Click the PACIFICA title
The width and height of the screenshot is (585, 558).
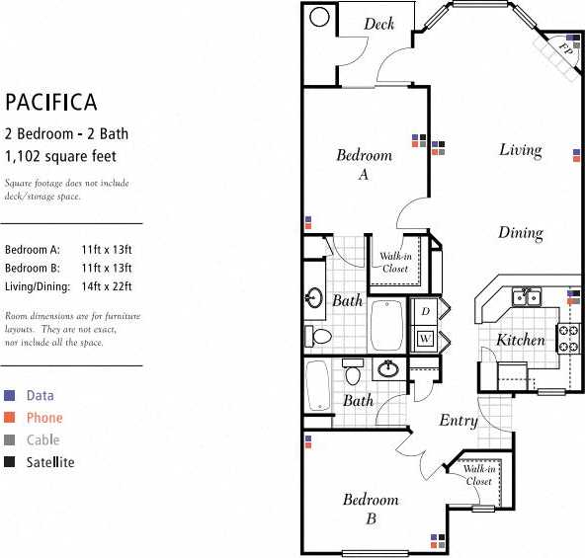tap(50, 102)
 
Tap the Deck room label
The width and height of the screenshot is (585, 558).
tap(378, 24)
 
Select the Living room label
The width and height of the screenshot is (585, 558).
tap(520, 150)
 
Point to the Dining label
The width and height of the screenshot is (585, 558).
tap(520, 234)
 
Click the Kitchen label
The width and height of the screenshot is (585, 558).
tap(520, 340)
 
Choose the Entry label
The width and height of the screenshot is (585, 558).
tap(458, 421)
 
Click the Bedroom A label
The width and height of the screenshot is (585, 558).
tap(364, 164)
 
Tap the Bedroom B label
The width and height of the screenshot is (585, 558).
tap(371, 509)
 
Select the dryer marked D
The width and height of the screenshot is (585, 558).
tap(425, 312)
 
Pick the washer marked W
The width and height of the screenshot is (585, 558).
tap(425, 339)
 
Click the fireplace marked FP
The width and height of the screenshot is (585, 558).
tap(564, 46)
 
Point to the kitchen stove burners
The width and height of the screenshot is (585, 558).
tap(569, 339)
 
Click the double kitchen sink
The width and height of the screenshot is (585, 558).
tap(525, 297)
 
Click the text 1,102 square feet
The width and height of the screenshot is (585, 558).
tap(60, 155)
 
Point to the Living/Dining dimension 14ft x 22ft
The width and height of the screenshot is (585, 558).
tap(108, 286)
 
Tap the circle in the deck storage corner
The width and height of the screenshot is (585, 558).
tap(319, 17)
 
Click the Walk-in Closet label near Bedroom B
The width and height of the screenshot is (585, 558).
tap(478, 475)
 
